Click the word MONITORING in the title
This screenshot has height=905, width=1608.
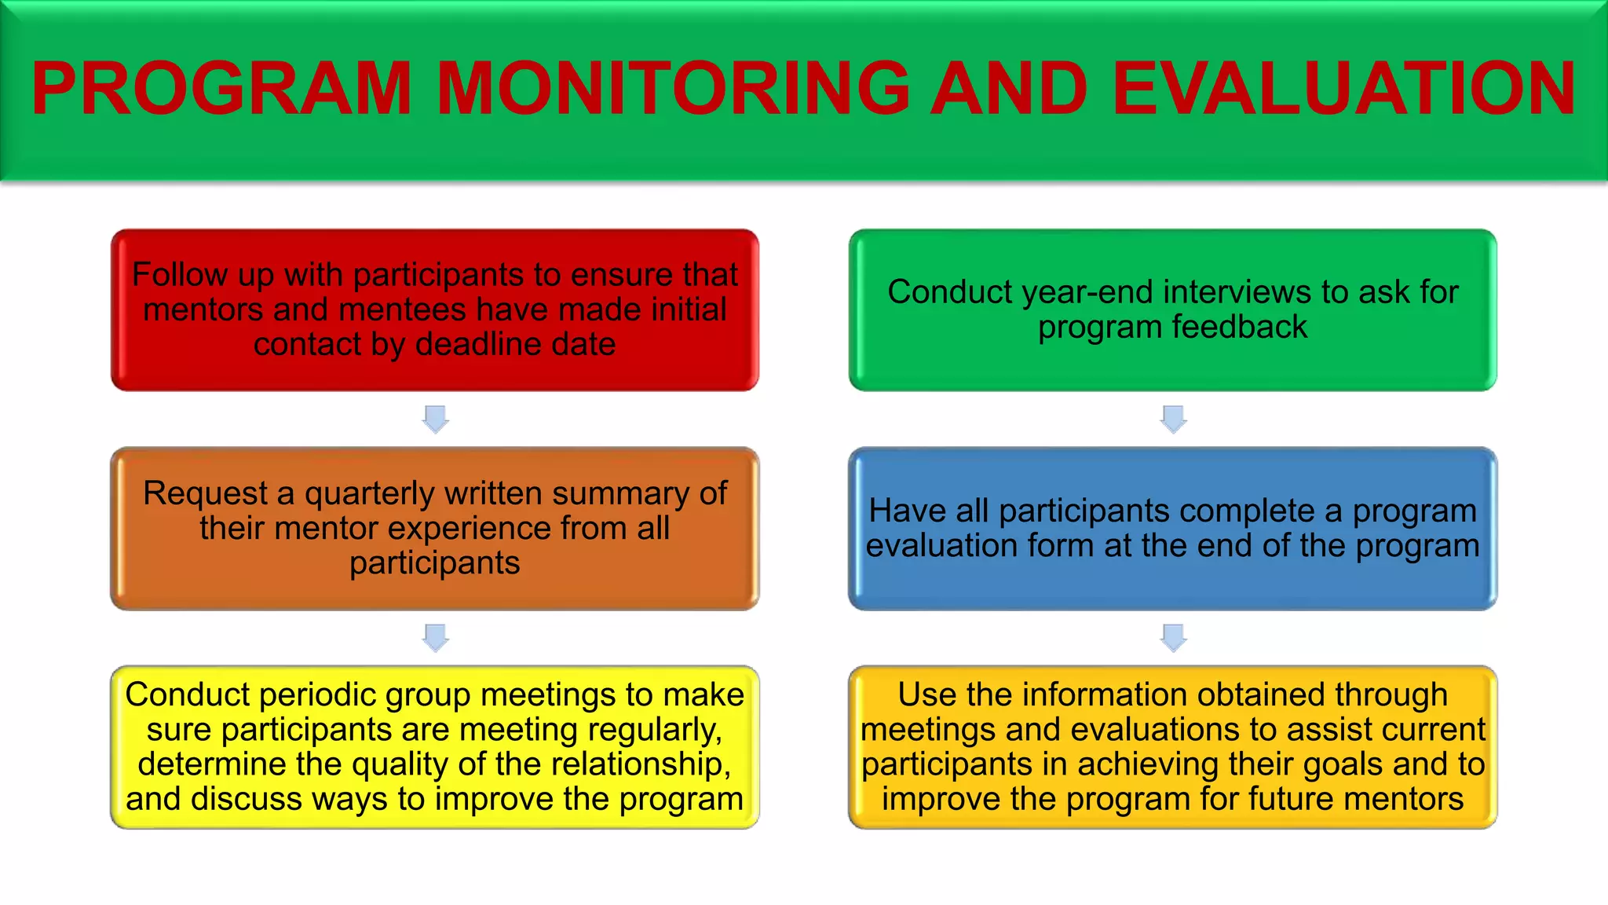point(672,88)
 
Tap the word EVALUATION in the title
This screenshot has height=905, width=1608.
point(1343,88)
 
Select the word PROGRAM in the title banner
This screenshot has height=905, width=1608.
point(221,88)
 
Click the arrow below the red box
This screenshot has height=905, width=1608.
point(436,419)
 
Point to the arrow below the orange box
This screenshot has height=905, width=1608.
point(436,637)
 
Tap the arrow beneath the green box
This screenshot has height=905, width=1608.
point(1173,419)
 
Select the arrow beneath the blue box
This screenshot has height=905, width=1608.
point(1173,637)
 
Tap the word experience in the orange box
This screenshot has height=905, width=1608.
point(468,528)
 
